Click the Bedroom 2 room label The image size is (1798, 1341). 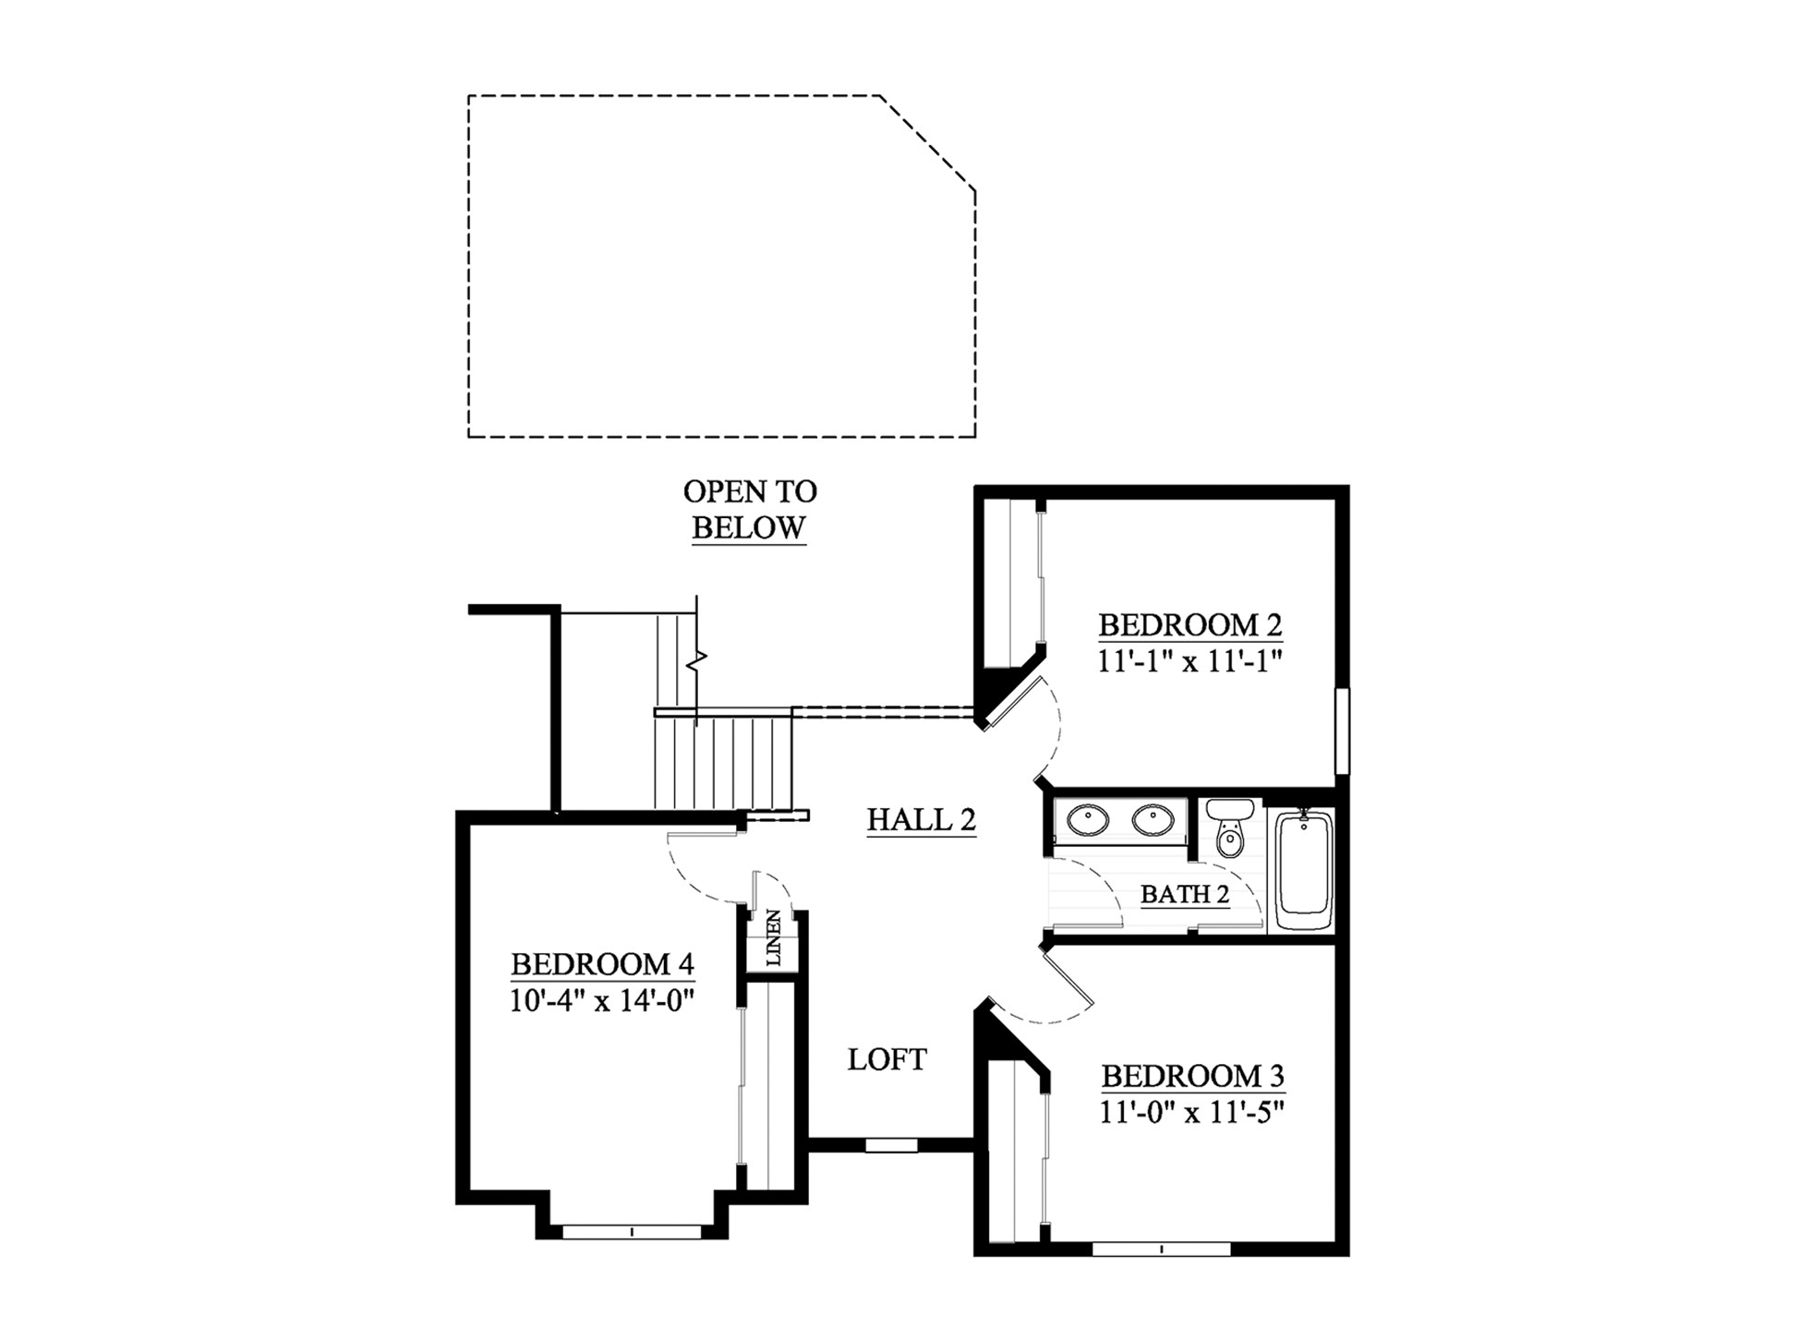tap(1189, 625)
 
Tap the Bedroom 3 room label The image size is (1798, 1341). tap(1192, 1076)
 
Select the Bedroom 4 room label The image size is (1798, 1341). tap(602, 964)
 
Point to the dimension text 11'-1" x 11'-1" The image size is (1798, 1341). tap(1190, 661)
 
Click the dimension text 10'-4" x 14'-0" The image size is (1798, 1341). tap(602, 1000)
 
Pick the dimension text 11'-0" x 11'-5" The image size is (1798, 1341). tap(1192, 1112)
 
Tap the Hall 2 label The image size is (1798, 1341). tap(921, 820)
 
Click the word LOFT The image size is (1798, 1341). tap(887, 1059)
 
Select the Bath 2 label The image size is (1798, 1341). tap(1185, 894)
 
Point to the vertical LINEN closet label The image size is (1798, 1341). tap(773, 938)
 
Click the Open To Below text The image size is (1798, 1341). tap(750, 509)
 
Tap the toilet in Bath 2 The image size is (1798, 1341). tap(1229, 828)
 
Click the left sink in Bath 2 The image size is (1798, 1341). tap(1088, 820)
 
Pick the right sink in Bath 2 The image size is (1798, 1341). tap(1153, 820)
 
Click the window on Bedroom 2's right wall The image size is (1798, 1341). tap(1343, 731)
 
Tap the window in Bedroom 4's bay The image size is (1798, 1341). tap(632, 1232)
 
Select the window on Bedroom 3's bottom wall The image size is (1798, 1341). tap(1162, 1250)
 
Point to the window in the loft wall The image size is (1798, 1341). tap(891, 1145)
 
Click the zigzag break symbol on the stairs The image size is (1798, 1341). tap(696, 659)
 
